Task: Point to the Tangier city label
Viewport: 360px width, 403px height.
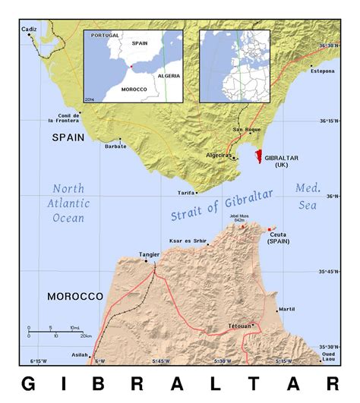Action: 149,254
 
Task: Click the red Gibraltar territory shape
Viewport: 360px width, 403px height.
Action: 258,158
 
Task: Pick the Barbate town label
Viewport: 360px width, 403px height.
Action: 115,146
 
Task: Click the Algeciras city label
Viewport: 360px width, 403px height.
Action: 219,154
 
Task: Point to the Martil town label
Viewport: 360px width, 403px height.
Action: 286,310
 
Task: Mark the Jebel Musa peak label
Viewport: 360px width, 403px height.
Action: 241,218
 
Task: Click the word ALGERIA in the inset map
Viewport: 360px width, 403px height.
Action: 168,77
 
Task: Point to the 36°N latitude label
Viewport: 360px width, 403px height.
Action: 328,197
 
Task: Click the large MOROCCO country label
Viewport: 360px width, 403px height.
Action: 74,296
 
